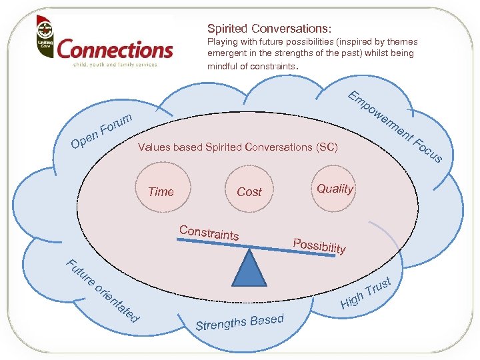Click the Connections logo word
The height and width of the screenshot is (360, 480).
pos(115,50)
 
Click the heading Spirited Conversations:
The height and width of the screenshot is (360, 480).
pos(269,29)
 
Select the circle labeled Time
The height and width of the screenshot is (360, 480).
pos(161,191)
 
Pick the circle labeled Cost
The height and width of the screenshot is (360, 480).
pos(249,191)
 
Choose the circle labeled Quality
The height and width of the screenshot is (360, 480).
pos(335,189)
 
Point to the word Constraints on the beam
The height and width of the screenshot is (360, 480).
pos(209,232)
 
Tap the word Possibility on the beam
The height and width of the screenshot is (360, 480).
pos(319,245)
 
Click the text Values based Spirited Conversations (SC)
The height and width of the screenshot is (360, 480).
pos(238,147)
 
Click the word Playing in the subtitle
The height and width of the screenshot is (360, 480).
pos(222,42)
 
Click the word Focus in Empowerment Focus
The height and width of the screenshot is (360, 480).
pos(427,150)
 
